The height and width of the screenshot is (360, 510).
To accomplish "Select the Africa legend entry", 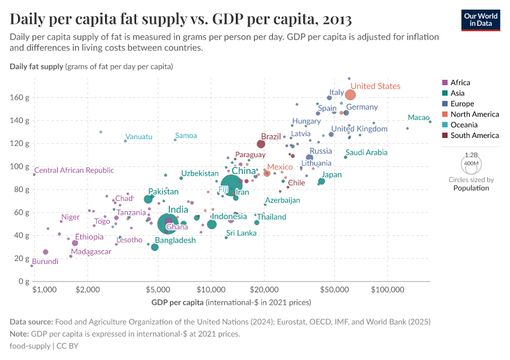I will pos(460,83).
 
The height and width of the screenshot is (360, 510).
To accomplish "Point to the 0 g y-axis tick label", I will pos(23,281).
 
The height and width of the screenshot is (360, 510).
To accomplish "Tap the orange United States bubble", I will pos(350,95).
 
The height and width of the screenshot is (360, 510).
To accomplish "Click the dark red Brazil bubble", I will pos(261,144).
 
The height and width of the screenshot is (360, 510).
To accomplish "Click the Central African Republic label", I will pos(74,170).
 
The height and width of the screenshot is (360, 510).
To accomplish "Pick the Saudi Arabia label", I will pos(367,153).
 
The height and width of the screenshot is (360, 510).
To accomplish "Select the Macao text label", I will pos(418,118).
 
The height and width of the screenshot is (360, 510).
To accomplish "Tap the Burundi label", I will pos(45,262).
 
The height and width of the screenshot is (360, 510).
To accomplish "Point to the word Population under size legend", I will pos(471,188).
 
